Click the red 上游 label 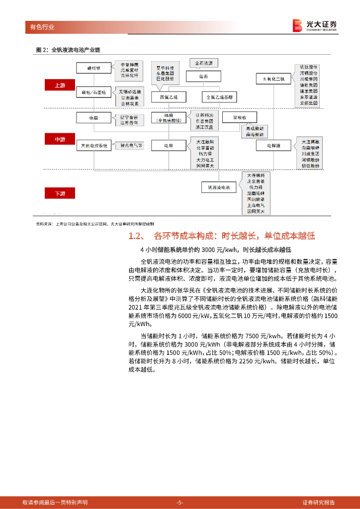[x=60, y=85]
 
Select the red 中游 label [x=60, y=140]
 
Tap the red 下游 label [x=60, y=193]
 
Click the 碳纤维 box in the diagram [x=94, y=68]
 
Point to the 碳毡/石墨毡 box [x=94, y=93]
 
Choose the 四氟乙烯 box [x=169, y=96]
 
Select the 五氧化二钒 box [x=273, y=79]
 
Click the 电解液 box [x=273, y=145]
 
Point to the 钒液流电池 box [x=219, y=187]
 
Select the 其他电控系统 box [x=94, y=146]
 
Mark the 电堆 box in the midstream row [x=169, y=146]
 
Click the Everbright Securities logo [x=315, y=25]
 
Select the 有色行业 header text [x=39, y=27]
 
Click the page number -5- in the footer [x=180, y=502]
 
